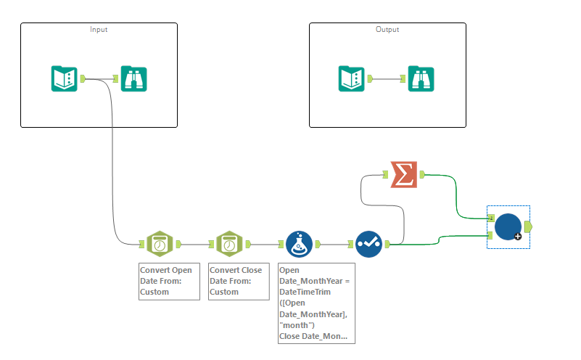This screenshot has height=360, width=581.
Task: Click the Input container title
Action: click(x=99, y=30)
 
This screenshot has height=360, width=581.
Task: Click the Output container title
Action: click(x=387, y=30)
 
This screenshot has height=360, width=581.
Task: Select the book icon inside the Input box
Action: click(x=64, y=78)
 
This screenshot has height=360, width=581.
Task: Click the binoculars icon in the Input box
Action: click(x=133, y=78)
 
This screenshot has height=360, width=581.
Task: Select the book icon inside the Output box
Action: click(x=351, y=78)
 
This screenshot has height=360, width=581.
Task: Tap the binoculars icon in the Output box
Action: click(x=420, y=78)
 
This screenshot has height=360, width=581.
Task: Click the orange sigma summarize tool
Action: click(x=403, y=174)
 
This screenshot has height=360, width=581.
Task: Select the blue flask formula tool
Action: click(x=299, y=245)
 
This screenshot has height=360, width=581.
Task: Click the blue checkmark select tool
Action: click(x=369, y=245)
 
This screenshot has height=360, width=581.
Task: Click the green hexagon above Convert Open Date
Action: click(x=159, y=245)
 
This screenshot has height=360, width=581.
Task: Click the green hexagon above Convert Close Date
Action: click(x=228, y=245)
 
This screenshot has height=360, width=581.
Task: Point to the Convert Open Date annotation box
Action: click(x=169, y=281)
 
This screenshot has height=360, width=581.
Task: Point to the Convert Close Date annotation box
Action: click(x=239, y=281)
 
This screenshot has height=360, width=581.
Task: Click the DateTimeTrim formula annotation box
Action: click(x=317, y=303)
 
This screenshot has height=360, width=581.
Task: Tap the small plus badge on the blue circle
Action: click(x=519, y=237)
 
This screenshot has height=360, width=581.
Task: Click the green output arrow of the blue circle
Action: click(x=527, y=226)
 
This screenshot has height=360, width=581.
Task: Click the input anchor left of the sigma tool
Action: click(x=386, y=174)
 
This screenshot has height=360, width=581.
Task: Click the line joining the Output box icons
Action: click(x=388, y=78)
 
